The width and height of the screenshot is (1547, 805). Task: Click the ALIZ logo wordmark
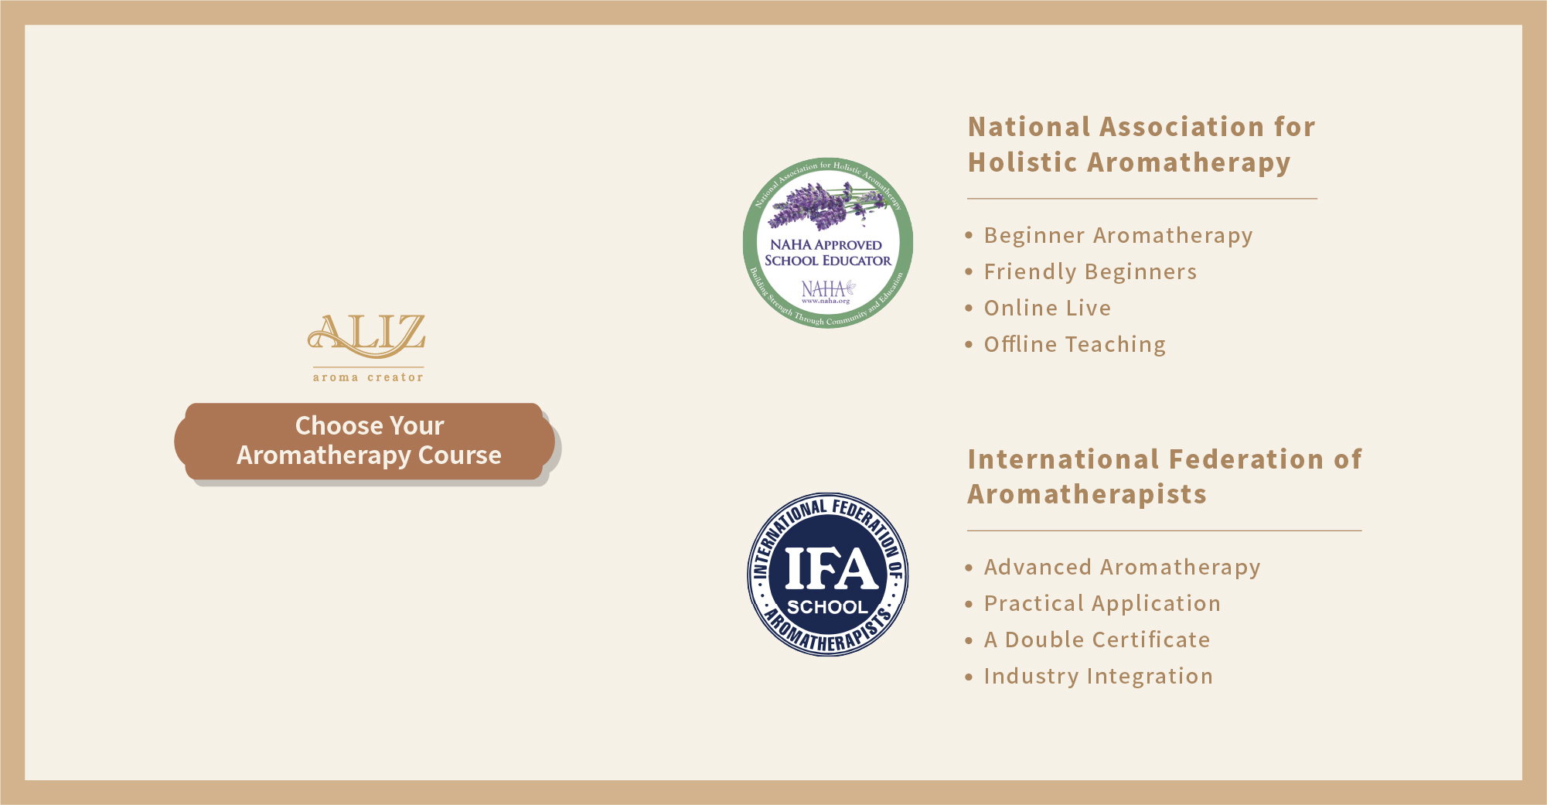pyautogui.click(x=366, y=336)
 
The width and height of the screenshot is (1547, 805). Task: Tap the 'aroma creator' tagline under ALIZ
pyautogui.click(x=368, y=377)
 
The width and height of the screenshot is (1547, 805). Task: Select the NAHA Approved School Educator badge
pyautogui.click(x=828, y=243)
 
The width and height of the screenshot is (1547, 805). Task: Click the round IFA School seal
pyautogui.click(x=828, y=575)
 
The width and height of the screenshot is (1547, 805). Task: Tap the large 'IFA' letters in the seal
pyautogui.click(x=831, y=569)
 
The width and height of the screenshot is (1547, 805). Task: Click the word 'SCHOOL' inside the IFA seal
pyautogui.click(x=827, y=607)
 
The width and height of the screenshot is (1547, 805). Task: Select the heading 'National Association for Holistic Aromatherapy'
pyautogui.click(x=1141, y=145)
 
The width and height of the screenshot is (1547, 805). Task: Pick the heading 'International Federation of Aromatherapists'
pyautogui.click(x=1164, y=476)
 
